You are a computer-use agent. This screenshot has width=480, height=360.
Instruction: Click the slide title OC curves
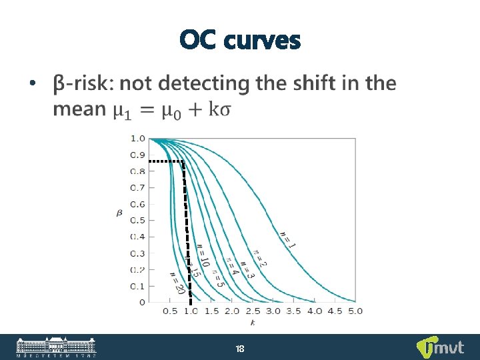click(x=240, y=41)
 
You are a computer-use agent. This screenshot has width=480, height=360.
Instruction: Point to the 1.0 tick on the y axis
click(x=137, y=139)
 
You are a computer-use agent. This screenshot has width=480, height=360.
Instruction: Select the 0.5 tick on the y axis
click(x=137, y=220)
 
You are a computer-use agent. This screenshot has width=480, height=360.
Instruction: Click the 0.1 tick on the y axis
click(x=137, y=285)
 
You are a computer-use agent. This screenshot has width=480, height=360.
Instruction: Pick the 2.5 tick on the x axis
click(x=253, y=311)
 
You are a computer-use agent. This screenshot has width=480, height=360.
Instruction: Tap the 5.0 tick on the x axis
click(x=355, y=311)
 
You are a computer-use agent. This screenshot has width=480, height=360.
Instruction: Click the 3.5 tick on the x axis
click(x=294, y=311)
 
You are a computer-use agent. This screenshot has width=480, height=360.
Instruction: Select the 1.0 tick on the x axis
click(x=191, y=311)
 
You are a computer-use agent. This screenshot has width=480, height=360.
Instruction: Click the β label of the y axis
click(x=119, y=213)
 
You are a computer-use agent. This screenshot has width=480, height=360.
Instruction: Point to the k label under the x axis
click(x=253, y=323)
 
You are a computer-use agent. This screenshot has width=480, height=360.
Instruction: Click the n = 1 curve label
click(x=288, y=236)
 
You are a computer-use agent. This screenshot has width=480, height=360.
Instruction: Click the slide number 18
click(x=240, y=348)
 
